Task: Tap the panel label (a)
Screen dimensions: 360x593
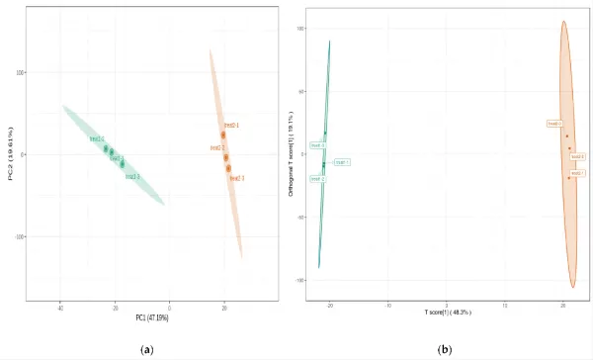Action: pos(147,349)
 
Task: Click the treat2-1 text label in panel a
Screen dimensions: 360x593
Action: pos(231,126)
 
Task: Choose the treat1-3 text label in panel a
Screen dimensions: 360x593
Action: pos(131,176)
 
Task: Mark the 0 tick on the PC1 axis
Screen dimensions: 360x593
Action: pos(170,308)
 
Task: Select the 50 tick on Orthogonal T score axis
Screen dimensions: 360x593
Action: pos(299,91)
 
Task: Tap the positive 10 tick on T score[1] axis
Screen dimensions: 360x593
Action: pos(505,305)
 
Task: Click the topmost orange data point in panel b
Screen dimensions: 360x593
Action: pos(566,135)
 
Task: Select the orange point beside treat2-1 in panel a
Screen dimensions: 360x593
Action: pos(223,135)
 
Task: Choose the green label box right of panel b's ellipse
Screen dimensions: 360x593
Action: pos(341,161)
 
